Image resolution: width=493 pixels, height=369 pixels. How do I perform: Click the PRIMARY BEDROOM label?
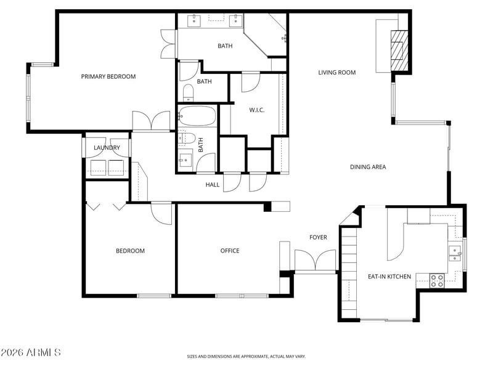pyautogui.click(x=108, y=76)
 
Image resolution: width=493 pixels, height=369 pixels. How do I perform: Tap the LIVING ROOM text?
pyautogui.click(x=337, y=73)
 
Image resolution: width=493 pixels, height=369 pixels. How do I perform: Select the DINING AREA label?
pyautogui.click(x=368, y=167)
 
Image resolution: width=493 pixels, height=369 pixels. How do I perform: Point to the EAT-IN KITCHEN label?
pyautogui.click(x=389, y=277)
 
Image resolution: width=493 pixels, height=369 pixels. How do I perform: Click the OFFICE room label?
pyautogui.click(x=230, y=251)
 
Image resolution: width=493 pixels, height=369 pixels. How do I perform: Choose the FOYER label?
pyautogui.click(x=318, y=237)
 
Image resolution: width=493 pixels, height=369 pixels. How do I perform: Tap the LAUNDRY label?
pyautogui.click(x=107, y=148)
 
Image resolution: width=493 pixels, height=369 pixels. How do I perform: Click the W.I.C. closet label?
pyautogui.click(x=256, y=110)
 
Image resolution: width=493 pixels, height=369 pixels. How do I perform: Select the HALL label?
pyautogui.click(x=212, y=184)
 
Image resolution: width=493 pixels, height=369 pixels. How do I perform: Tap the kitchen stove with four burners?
pyautogui.click(x=437, y=280)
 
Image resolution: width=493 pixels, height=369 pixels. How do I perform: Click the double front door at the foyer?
pyautogui.click(x=315, y=261)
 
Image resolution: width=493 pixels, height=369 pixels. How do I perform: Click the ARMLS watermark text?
pyautogui.click(x=31, y=352)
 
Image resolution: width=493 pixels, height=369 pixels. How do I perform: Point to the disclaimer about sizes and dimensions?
pyautogui.click(x=246, y=356)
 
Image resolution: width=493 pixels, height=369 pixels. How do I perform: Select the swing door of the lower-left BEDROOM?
pyautogui.click(x=161, y=213)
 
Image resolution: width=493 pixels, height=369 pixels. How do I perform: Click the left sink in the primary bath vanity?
pyautogui.click(x=195, y=20)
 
